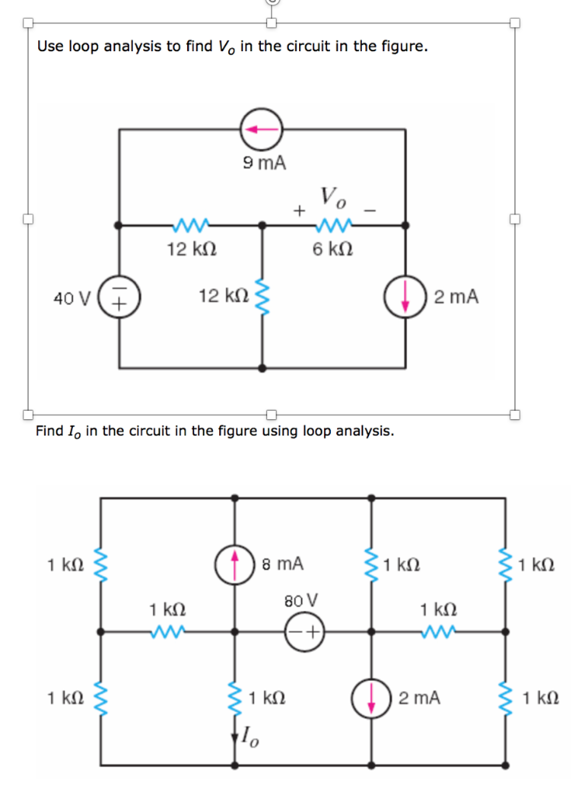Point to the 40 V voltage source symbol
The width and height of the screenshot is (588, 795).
pyautogui.click(x=119, y=297)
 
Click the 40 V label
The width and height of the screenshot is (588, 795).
pyautogui.click(x=72, y=297)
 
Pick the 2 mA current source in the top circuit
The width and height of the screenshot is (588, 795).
pyautogui.click(x=405, y=297)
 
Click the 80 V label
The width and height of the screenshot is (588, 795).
pyautogui.click(x=301, y=600)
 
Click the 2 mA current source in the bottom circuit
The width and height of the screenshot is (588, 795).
pyautogui.click(x=372, y=698)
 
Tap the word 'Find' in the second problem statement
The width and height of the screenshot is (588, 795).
pyautogui.click(x=50, y=431)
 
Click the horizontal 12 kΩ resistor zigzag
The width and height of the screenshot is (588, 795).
pyautogui.click(x=190, y=225)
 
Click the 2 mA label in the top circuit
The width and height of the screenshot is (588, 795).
pyautogui.click(x=457, y=297)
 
